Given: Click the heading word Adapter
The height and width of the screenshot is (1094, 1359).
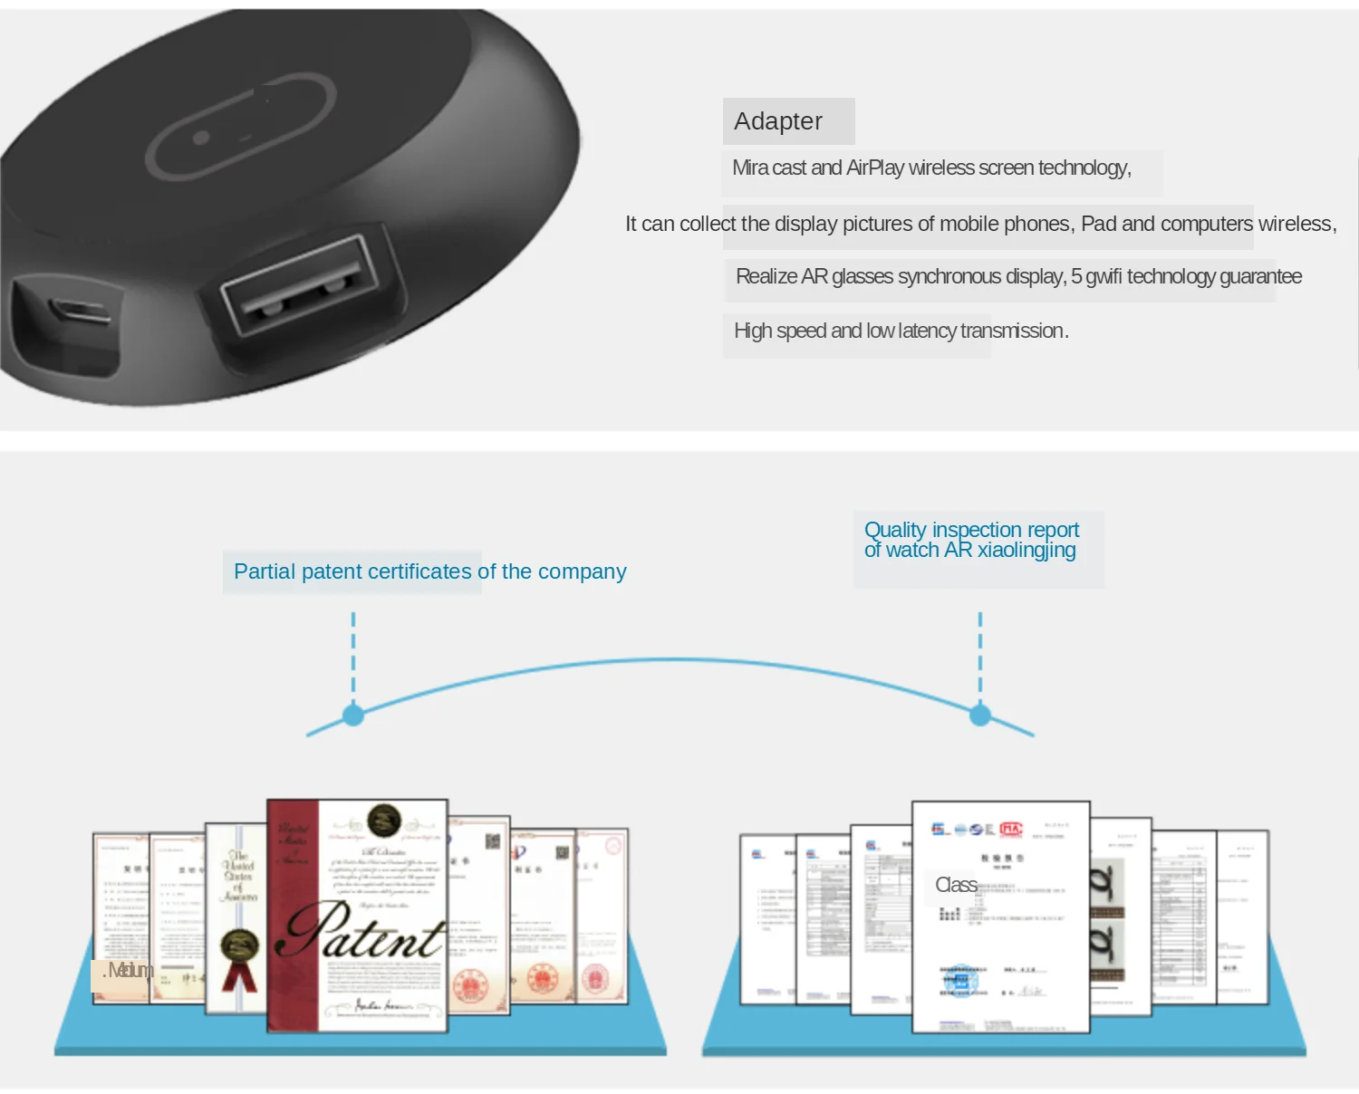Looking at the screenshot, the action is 778,121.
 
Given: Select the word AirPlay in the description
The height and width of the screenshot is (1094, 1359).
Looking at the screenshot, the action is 875,168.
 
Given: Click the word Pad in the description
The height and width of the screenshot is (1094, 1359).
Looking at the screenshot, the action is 1098,224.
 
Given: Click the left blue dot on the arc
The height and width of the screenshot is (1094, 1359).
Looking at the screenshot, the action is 353,715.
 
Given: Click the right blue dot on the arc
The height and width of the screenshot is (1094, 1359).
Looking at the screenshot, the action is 980,715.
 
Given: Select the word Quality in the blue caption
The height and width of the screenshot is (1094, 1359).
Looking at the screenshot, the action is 895,530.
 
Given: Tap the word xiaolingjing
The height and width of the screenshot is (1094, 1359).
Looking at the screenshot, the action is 1026,551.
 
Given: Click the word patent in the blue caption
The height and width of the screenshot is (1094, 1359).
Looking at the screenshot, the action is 322,572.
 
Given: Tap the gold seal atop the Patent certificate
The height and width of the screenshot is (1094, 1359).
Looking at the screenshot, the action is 384,821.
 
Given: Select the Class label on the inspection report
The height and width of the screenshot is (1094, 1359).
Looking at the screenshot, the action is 956,886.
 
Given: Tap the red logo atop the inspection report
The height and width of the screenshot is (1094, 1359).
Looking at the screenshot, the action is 1011,829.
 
